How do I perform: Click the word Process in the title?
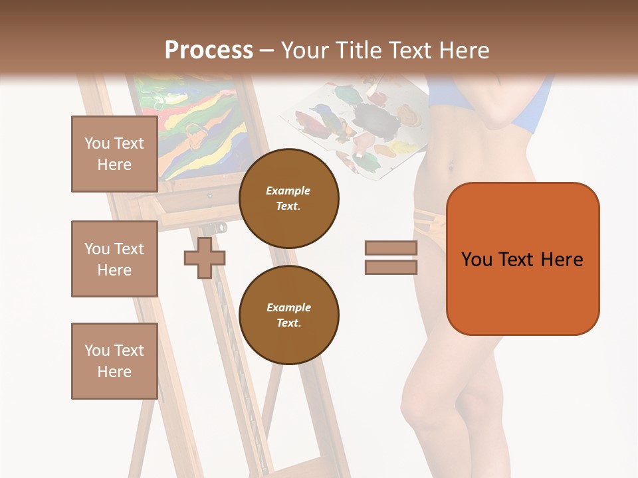pos(209,50)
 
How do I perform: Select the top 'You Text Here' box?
pos(114,154)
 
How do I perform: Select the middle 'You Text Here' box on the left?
pos(114,259)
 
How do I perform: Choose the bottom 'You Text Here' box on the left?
pos(114,361)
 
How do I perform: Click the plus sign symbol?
pos(205,258)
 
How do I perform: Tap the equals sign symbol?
pos(391,258)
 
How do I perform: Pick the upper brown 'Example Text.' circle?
pos(288,198)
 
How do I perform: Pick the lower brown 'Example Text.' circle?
pos(288,315)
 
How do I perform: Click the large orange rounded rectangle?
pos(522,259)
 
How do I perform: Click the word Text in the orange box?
pos(517,259)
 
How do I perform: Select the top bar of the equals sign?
pos(391,248)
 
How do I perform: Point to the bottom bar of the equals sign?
pos(391,267)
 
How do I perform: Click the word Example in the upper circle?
pos(288,191)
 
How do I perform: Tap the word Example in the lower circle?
pos(288,307)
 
